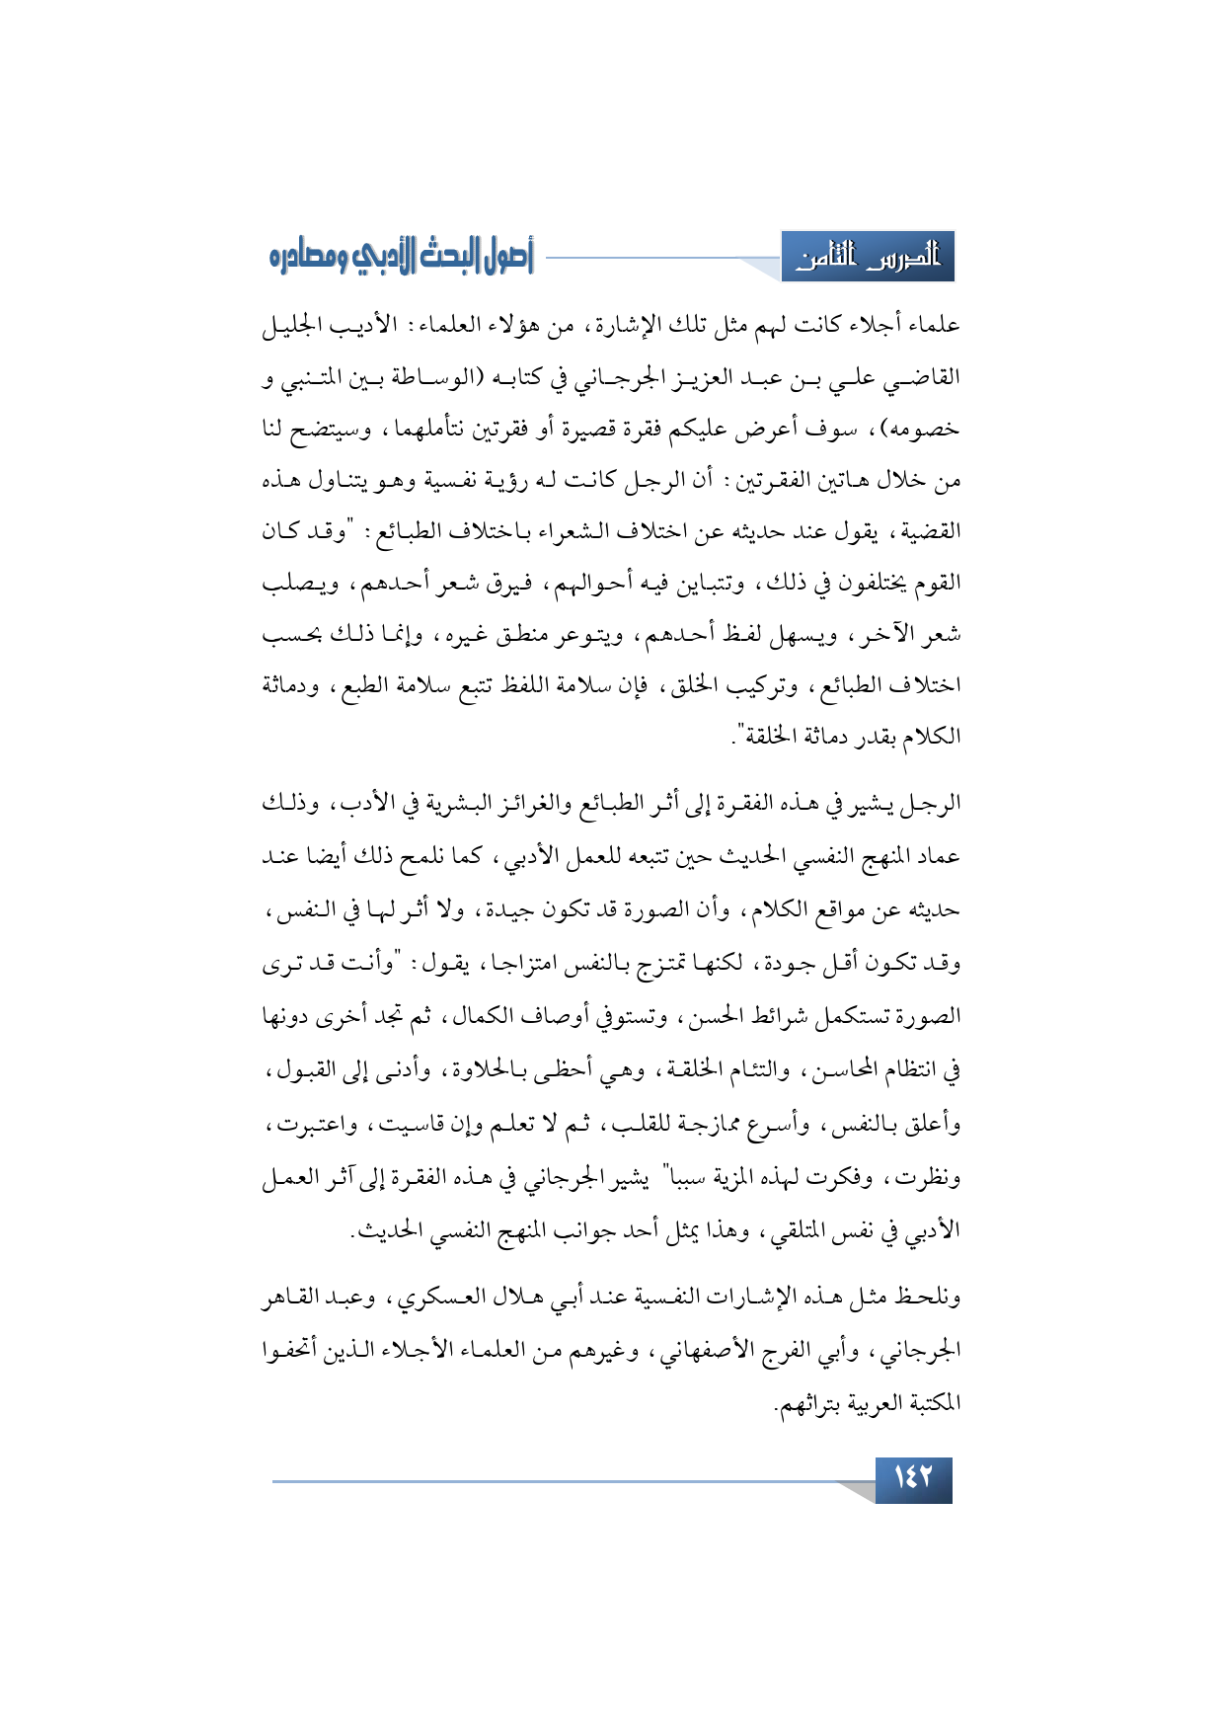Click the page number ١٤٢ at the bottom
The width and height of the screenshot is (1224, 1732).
[x=913, y=1479]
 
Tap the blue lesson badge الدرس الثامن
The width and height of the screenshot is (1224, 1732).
[x=868, y=258]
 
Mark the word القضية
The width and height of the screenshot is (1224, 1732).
[x=925, y=532]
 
